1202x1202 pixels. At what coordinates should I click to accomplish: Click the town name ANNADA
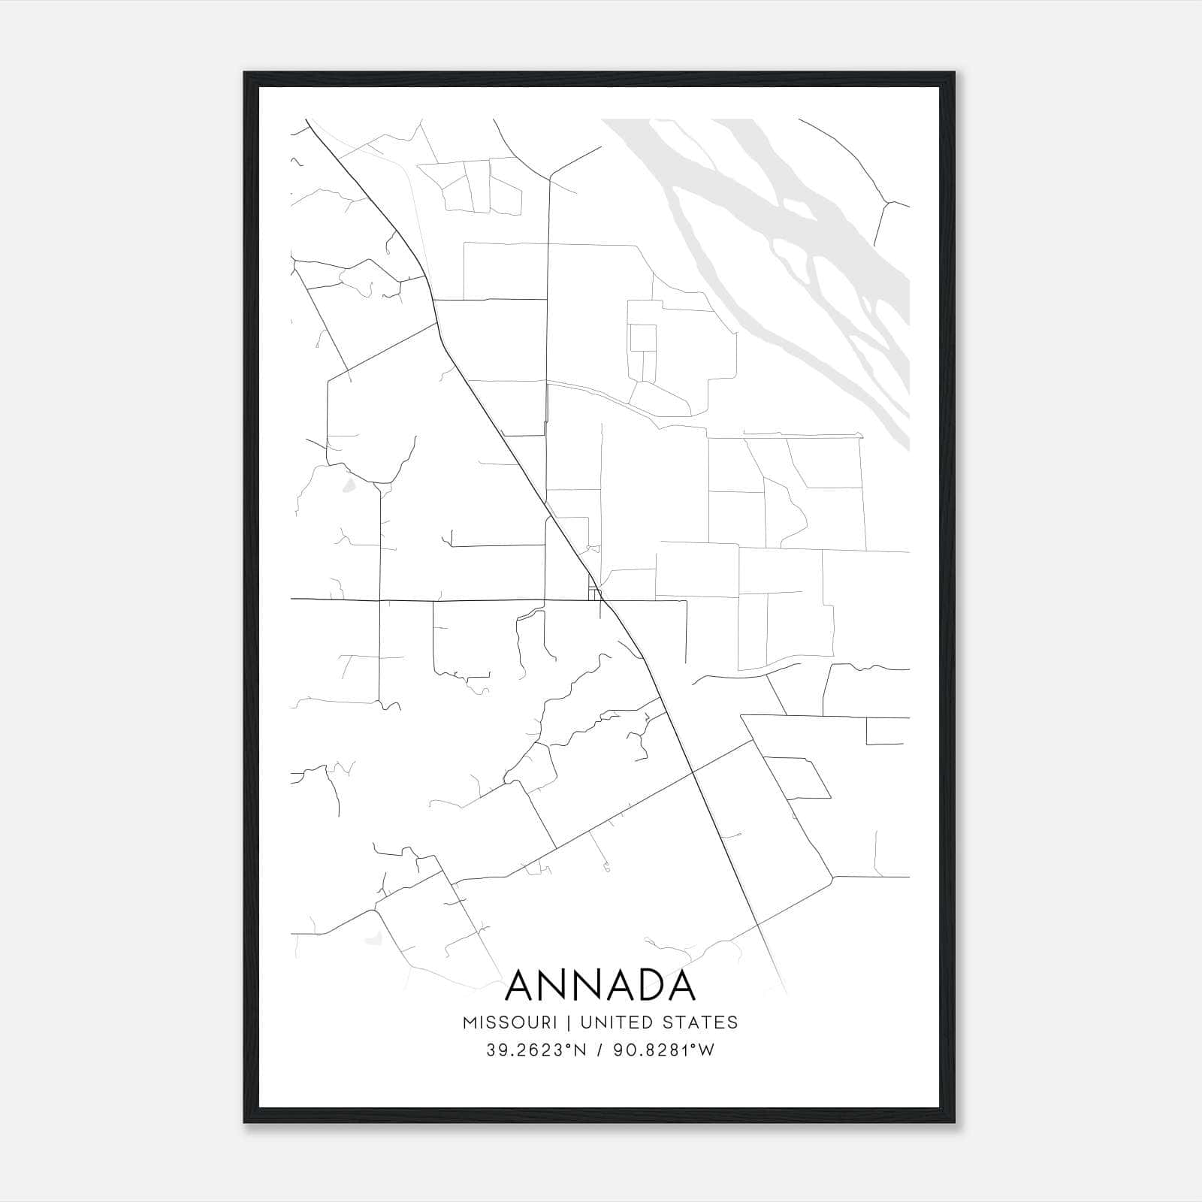point(600,986)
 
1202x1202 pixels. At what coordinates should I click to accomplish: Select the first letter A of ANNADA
point(522,986)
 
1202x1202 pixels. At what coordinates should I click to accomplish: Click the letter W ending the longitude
point(707,1050)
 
